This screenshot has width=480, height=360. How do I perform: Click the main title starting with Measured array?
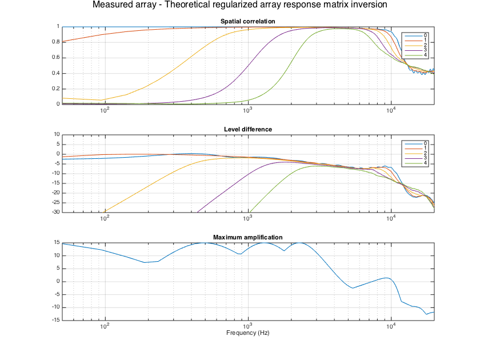[239, 5]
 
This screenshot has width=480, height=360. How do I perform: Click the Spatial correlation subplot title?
[247, 22]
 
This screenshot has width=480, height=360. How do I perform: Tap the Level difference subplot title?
[247, 129]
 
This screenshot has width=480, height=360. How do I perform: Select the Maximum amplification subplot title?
[247, 237]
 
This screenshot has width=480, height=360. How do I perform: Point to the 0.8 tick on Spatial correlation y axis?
[55, 42]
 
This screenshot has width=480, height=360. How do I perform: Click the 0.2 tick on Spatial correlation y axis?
[55, 89]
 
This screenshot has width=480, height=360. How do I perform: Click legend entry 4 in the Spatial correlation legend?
[425, 55]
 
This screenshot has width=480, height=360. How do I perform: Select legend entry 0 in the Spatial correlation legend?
[425, 35]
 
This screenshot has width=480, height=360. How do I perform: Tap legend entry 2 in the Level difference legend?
[425, 153]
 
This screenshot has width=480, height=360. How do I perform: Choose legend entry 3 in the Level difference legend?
[425, 158]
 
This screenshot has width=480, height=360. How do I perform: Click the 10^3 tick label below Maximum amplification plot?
[247, 327]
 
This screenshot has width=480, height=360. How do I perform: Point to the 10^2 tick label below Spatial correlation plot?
[105, 111]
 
